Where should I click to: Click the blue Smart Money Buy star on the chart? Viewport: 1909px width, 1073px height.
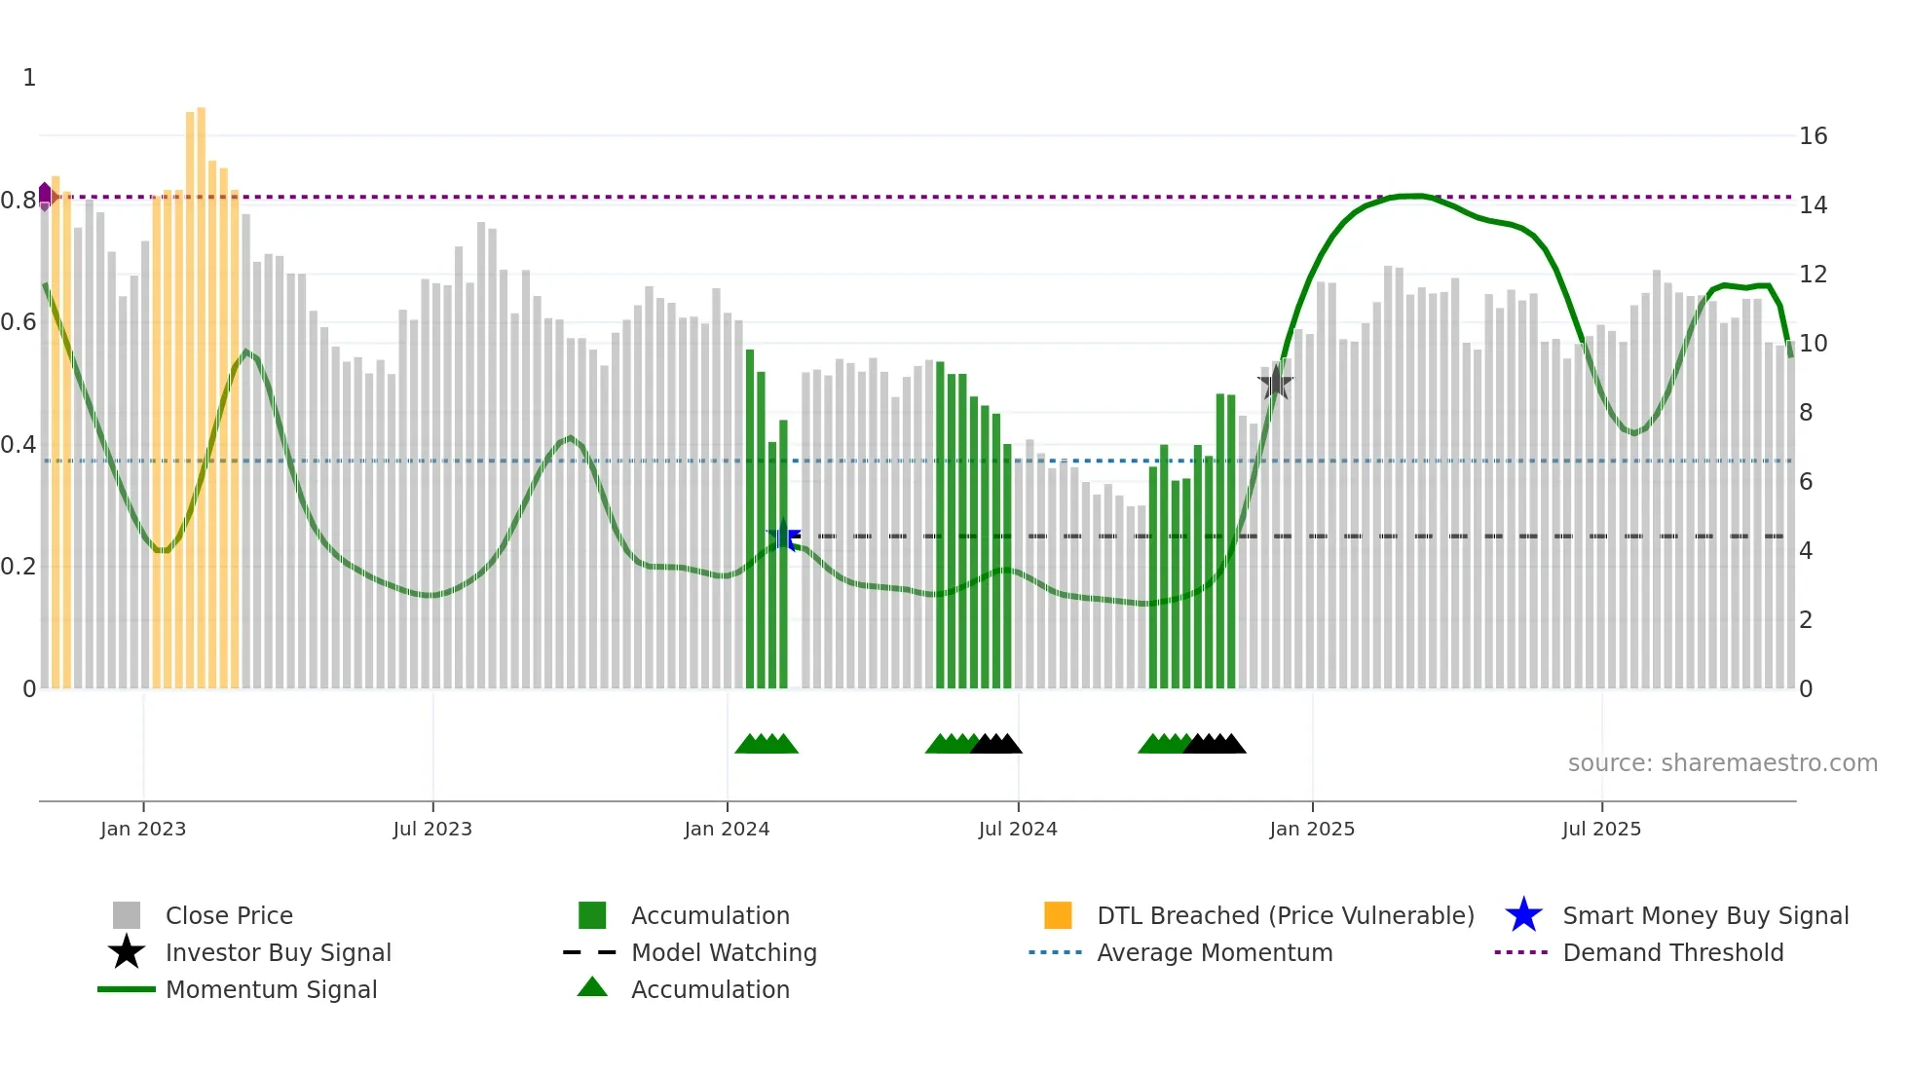pos(784,536)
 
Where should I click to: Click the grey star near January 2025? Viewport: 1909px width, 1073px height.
pos(1275,384)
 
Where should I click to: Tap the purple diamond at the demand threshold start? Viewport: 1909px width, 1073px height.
pos(45,196)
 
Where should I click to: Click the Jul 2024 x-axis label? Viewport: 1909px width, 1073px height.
pos(1018,829)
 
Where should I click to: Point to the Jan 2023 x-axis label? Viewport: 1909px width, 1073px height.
pos(143,829)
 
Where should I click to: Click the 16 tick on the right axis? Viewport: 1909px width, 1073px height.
pos(1813,136)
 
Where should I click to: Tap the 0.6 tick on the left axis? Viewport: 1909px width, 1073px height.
pos(19,322)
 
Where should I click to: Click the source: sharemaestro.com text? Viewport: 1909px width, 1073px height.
pos(1722,763)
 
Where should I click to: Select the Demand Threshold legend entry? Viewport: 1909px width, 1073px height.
pos(1672,952)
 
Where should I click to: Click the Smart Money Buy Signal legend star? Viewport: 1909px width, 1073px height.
pos(1523,915)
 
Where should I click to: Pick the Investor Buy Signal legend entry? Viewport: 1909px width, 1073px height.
pos(278,952)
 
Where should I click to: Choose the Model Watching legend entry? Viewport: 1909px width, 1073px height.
pos(724,952)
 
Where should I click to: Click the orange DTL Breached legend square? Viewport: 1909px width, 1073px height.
pos(1058,915)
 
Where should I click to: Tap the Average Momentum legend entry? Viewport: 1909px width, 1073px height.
pos(1215,952)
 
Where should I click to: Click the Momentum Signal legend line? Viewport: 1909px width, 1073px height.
pos(127,989)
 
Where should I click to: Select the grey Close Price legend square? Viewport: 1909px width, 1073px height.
pos(127,915)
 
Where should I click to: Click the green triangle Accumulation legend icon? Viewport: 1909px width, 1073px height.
pos(592,988)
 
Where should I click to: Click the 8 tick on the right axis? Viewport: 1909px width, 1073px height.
pos(1806,413)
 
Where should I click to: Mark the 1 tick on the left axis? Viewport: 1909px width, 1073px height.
pos(29,78)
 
